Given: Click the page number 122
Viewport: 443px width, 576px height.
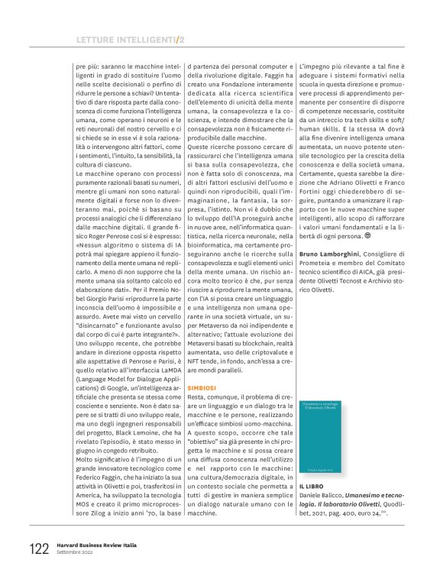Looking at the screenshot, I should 38,548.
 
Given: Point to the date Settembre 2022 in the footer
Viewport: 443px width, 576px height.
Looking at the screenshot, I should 77,552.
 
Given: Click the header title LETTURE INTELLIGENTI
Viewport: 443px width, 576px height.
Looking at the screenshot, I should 125,39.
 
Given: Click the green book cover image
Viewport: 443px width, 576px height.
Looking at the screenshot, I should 321,435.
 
